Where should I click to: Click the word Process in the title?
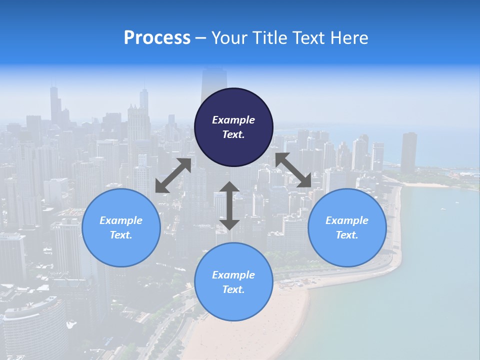(x=157, y=38)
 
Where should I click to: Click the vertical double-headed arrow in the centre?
(x=229, y=205)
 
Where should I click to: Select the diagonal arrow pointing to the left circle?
(x=173, y=175)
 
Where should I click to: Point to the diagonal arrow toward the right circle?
(x=293, y=170)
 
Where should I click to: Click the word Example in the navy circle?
(x=233, y=120)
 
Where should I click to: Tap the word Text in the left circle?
(x=121, y=235)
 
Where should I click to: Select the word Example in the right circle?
(x=347, y=220)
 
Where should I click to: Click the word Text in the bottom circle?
(x=233, y=289)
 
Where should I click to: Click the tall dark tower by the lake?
(x=408, y=152)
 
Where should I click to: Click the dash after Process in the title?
(x=200, y=38)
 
